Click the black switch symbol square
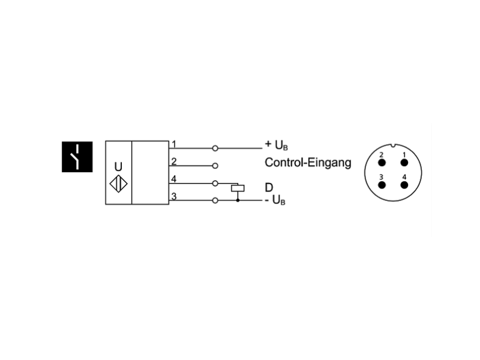(77, 157)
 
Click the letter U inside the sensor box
(118, 167)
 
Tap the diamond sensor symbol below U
(118, 184)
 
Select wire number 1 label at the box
(173, 144)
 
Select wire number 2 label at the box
(174, 161)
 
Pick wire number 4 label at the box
(174, 179)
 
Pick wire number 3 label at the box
(174, 196)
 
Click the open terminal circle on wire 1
(215, 148)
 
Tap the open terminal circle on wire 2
(215, 166)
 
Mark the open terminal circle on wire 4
(215, 184)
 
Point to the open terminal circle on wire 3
(215, 200)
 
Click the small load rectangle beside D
(238, 188)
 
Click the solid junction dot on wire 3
(238, 200)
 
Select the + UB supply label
(277, 145)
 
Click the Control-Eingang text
(308, 162)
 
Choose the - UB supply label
(275, 200)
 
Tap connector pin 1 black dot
(404, 163)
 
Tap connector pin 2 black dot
(382, 163)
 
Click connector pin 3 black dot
(382, 185)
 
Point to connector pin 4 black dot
(404, 185)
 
